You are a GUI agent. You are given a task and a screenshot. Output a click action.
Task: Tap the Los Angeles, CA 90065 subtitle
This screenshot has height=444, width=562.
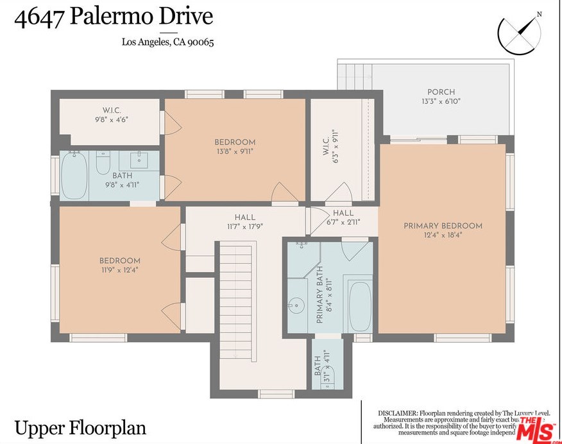tap(167, 43)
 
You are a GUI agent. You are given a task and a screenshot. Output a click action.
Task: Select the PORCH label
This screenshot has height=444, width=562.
tap(441, 92)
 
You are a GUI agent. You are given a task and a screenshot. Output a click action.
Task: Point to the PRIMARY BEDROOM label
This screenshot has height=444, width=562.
tap(443, 226)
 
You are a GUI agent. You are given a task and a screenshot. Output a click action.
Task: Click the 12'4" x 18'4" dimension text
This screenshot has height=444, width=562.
tap(443, 235)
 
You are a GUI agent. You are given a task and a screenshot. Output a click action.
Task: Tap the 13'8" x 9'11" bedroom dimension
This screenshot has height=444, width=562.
tap(235, 151)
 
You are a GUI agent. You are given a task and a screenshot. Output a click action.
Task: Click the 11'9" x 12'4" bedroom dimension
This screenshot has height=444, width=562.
tap(119, 270)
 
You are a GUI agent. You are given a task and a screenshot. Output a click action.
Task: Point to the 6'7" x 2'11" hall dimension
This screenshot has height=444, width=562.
tap(343, 222)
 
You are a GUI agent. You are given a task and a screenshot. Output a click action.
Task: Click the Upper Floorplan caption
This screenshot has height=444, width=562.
tap(80, 427)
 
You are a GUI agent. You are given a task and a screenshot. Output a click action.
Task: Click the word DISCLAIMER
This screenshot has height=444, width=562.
tap(398, 413)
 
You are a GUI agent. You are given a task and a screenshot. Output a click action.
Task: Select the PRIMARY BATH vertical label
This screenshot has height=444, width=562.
tap(319, 294)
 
